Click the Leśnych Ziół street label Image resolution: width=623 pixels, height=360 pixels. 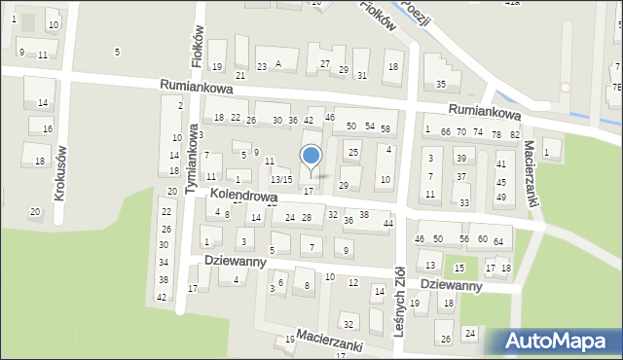[x=399, y=302]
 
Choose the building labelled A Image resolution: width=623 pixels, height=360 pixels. [x=278, y=64]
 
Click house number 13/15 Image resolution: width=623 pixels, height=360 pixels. [x=280, y=180]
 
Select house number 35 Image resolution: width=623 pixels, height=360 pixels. [x=441, y=86]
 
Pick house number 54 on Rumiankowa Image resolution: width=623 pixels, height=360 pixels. [x=370, y=126]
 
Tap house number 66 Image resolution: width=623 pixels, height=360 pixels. [x=445, y=132]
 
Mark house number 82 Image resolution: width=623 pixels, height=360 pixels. [x=514, y=133]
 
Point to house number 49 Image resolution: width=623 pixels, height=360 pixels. [x=501, y=197]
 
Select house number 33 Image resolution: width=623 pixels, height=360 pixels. [x=464, y=202]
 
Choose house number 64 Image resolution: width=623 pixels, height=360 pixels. [x=497, y=241]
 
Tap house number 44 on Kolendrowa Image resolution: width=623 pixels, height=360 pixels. [x=388, y=224]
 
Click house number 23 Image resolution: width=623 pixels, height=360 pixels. [x=262, y=66]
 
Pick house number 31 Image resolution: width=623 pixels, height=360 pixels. [x=361, y=76]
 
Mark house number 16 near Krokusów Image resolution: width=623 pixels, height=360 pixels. [x=47, y=128]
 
